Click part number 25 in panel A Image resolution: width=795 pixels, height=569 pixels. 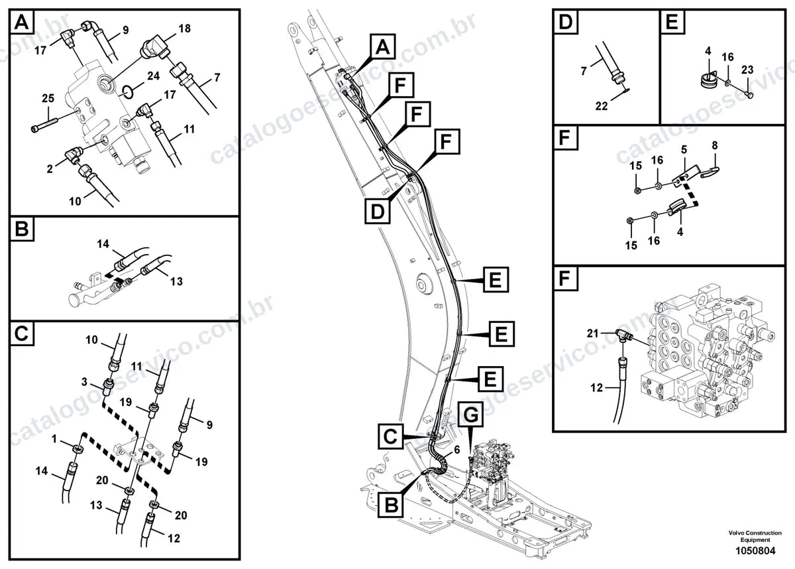(x=48, y=98)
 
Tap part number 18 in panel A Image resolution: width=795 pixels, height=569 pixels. (x=185, y=29)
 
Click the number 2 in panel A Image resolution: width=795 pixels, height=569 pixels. (x=50, y=169)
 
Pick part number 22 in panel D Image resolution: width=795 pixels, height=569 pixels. (x=602, y=106)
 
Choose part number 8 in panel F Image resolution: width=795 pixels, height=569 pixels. (x=715, y=145)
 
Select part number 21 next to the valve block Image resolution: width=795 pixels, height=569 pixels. (x=593, y=333)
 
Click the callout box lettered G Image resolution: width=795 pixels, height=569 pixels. (x=470, y=414)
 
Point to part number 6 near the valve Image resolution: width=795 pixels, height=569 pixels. (x=456, y=450)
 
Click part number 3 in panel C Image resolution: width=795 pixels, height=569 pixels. (x=84, y=382)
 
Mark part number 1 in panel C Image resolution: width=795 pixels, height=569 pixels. (x=54, y=440)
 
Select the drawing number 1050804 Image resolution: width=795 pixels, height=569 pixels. (x=755, y=550)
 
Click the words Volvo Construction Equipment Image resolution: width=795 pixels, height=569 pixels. (x=755, y=536)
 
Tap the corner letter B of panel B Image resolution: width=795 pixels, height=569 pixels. (x=22, y=229)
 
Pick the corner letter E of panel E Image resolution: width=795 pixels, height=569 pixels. (x=672, y=22)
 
